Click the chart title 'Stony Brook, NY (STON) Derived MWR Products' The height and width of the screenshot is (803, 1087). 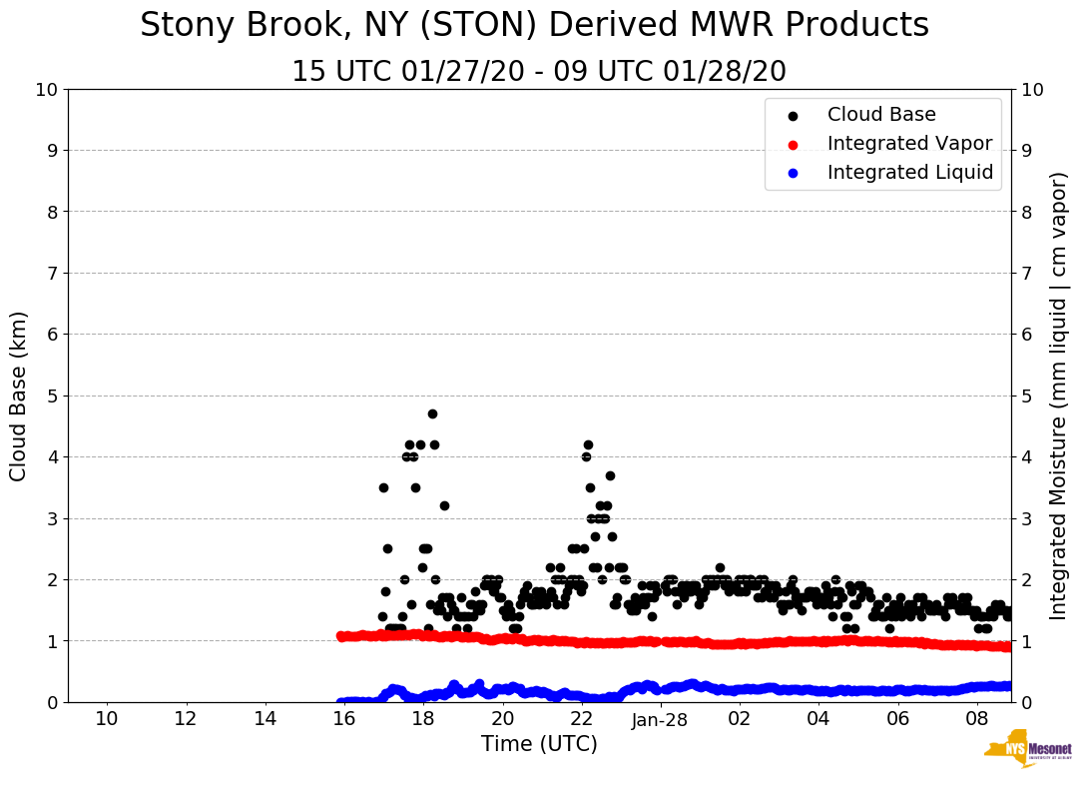(534, 26)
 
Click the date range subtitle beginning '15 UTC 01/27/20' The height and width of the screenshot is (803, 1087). (539, 72)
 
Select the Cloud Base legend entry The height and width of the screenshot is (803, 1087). (881, 115)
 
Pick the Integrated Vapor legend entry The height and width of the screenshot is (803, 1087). (909, 144)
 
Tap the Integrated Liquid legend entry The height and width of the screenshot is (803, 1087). (910, 173)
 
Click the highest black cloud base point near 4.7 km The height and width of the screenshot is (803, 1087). (432, 413)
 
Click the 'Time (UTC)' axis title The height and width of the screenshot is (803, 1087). (539, 744)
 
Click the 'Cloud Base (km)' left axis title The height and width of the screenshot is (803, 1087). (19, 396)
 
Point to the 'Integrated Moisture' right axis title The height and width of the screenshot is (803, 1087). (1059, 396)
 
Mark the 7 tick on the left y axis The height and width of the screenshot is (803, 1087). (51, 273)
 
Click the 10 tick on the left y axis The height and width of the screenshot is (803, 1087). (46, 89)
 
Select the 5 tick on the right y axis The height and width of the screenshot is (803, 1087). (1026, 396)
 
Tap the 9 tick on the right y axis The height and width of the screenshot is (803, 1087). (1026, 150)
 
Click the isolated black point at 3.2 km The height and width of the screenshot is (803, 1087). (444, 505)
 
